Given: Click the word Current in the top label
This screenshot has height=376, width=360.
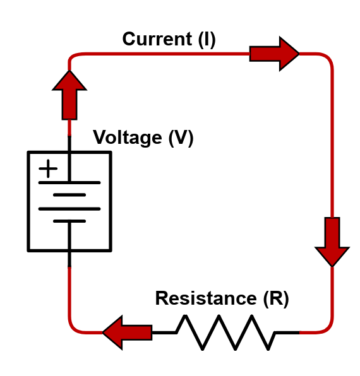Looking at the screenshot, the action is (x=157, y=39).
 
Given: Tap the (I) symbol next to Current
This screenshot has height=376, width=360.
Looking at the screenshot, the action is (x=207, y=40).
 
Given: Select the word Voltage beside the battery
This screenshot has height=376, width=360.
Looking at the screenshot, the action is (x=128, y=138).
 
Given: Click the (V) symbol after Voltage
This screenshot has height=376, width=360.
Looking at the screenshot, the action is (x=181, y=138).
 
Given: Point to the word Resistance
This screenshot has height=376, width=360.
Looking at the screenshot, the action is (x=206, y=298).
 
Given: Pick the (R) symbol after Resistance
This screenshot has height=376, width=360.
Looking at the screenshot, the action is (x=276, y=299).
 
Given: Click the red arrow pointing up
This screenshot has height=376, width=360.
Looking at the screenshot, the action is (x=69, y=95).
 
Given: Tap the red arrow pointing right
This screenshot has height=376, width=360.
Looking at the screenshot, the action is (x=274, y=54).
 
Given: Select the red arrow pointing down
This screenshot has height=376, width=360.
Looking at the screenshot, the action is (x=332, y=242).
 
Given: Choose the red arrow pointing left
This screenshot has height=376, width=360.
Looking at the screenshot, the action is (x=128, y=332).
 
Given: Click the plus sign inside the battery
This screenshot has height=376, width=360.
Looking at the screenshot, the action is (x=48, y=168).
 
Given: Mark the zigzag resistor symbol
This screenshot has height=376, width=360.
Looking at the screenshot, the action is (x=225, y=332).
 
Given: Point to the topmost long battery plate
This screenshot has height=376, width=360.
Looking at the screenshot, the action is (x=69, y=183).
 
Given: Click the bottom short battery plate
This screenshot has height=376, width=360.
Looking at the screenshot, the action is (x=69, y=221).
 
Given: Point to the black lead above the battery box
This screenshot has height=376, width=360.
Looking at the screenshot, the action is (x=69, y=143).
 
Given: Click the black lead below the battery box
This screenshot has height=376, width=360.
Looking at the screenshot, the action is (x=69, y=259).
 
